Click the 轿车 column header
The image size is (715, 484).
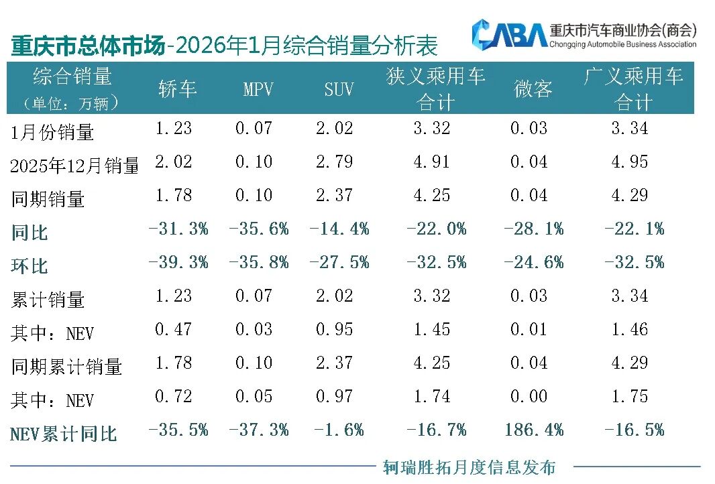[x=178, y=89]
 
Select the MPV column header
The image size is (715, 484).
[x=258, y=89]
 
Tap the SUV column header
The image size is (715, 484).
[x=339, y=89]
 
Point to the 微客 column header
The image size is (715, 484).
[x=533, y=89]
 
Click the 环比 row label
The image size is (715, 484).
[x=30, y=266]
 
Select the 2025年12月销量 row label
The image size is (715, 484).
[x=74, y=166]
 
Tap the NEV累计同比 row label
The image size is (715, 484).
[x=64, y=434]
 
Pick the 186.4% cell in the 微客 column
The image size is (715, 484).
[x=534, y=430]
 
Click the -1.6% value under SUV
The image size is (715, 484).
[x=339, y=430]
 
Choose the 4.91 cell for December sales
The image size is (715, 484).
[x=432, y=162]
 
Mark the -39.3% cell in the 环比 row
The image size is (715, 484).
[x=178, y=262]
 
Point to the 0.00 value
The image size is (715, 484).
[x=529, y=396]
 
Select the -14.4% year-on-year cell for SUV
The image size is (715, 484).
[x=339, y=229]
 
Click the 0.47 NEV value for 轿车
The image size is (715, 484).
[x=173, y=329]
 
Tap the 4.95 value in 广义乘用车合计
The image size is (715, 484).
[x=629, y=162]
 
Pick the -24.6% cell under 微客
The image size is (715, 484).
[x=534, y=262]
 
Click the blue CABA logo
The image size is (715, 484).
[x=508, y=34]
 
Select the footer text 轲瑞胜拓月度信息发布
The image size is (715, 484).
[x=469, y=467]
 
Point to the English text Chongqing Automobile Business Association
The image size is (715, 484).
[x=622, y=44]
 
